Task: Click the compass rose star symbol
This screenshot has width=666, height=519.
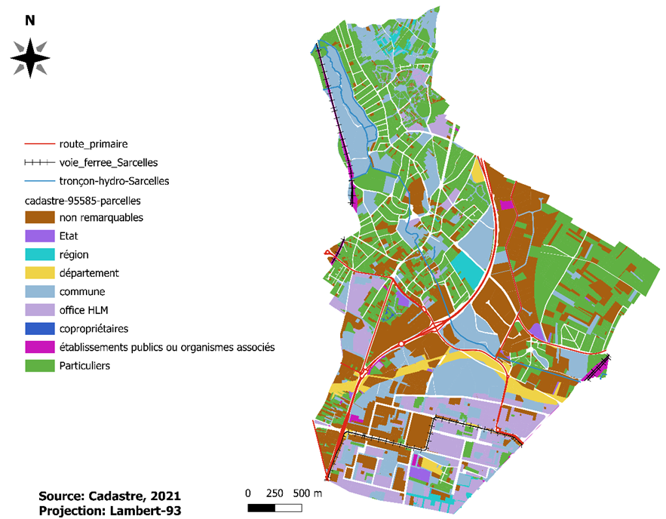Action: coord(30,57)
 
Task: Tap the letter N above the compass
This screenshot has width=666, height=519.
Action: coord(30,21)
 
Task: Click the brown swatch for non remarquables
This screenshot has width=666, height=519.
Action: coord(38,218)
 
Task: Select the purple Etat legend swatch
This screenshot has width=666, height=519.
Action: coord(38,236)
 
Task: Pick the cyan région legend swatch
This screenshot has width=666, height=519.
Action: coord(38,255)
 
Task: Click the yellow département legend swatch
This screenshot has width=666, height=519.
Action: coord(38,273)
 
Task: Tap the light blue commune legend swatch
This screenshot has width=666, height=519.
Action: coord(38,292)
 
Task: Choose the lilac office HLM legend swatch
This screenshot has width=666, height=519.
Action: coord(38,310)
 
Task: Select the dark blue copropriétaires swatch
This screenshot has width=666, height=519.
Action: coord(38,329)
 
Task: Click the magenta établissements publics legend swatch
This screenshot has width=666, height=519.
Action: coord(38,347)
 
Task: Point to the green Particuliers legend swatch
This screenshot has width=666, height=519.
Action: coord(38,366)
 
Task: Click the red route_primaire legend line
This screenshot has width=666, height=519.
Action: coord(38,143)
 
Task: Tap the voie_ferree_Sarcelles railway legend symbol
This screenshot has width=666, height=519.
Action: coord(38,162)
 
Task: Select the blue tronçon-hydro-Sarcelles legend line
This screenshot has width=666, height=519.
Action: coord(38,181)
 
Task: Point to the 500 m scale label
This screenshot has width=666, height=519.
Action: coord(308,493)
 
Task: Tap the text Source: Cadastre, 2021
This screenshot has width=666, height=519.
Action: coord(110,496)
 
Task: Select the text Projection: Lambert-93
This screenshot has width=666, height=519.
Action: coord(110,510)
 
